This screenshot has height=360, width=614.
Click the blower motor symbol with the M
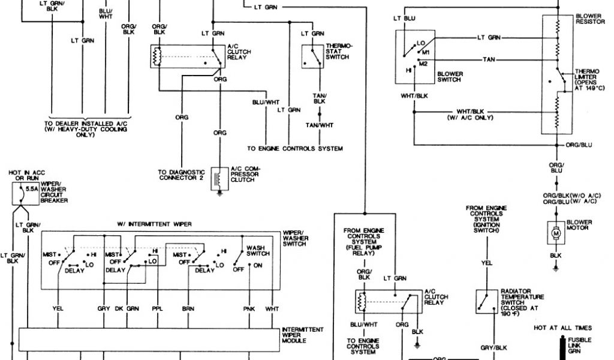click(556, 232)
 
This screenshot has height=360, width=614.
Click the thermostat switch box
click(312, 56)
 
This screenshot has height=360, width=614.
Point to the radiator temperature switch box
click(485, 302)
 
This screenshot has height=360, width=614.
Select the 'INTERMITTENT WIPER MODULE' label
click(303, 335)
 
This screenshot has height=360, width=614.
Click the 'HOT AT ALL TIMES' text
click(563, 328)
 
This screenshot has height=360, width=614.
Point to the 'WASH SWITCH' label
click(258, 250)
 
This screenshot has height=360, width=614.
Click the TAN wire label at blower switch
click(489, 59)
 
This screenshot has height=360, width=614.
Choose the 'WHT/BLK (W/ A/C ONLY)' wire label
click(469, 115)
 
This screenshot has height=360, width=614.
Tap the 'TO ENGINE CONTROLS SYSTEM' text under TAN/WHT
click(295, 148)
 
